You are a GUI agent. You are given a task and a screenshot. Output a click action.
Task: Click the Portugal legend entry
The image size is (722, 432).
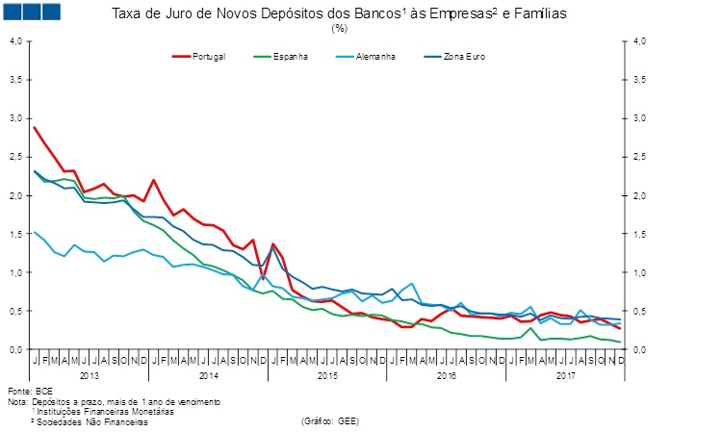pos(208,57)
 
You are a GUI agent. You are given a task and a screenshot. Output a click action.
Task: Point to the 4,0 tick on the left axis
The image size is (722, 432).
pos(14,40)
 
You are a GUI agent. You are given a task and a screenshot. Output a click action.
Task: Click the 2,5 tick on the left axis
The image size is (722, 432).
pos(14,157)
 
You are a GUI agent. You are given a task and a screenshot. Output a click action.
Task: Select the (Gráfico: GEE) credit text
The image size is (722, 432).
pos(332,421)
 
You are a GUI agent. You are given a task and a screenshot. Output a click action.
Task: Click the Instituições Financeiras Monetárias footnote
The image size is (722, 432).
pos(96,412)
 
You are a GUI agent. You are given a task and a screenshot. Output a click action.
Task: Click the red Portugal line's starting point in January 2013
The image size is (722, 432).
pos(35,127)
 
